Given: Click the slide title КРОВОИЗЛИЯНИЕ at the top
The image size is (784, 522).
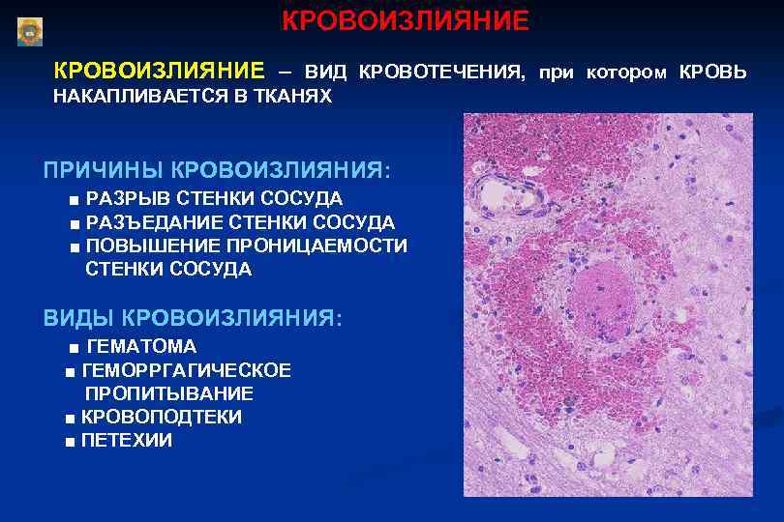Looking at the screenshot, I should point(406,20).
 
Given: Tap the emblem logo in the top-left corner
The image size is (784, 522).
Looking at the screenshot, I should point(30,32).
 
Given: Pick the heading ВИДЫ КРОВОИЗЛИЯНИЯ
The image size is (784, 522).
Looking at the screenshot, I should point(192,317).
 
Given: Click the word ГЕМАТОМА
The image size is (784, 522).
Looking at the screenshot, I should point(141,346).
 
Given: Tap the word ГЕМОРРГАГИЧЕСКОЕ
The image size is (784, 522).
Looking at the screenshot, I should point(187,370).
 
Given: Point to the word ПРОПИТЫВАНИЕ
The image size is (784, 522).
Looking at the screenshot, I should point(169,393).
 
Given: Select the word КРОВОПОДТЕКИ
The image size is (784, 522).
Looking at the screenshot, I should point(162,417).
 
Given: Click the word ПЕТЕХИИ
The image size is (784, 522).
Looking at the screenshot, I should point(127,441).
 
